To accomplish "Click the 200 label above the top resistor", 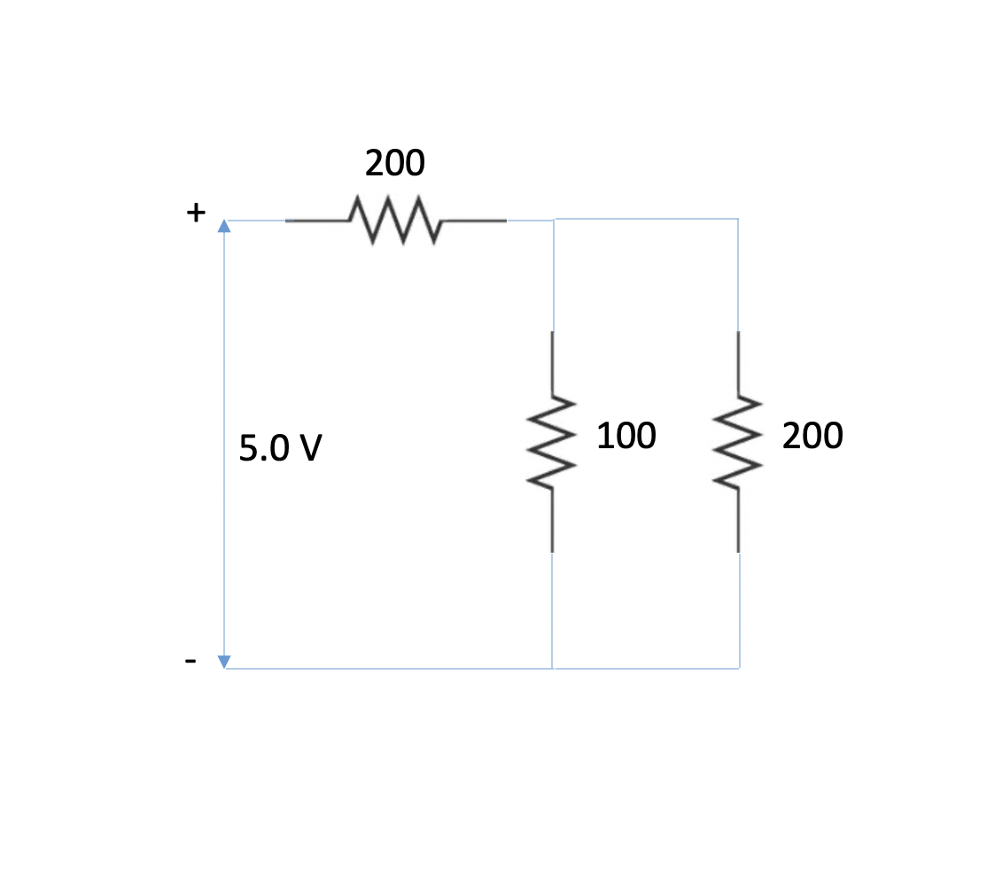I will point(394,163).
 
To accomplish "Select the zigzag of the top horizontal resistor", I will point(396,220).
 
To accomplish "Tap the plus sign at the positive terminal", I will point(195,213).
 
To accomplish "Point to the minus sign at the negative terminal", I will point(190,661).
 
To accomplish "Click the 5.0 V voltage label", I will point(280,450).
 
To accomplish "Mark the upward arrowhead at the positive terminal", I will point(224,226).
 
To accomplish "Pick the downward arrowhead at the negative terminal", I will point(224,661).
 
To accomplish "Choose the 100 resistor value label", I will point(626,436).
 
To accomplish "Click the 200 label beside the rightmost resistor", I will point(813,436).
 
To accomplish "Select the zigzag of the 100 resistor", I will point(552,441).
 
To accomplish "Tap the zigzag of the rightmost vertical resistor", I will point(737,441).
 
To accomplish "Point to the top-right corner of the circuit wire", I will point(738,219).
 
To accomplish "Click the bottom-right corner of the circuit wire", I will point(739,668).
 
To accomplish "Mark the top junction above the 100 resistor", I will point(554,219).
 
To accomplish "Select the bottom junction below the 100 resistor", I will point(553,668).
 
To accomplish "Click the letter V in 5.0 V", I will point(308,450).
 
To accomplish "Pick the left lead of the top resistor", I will point(317,220).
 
